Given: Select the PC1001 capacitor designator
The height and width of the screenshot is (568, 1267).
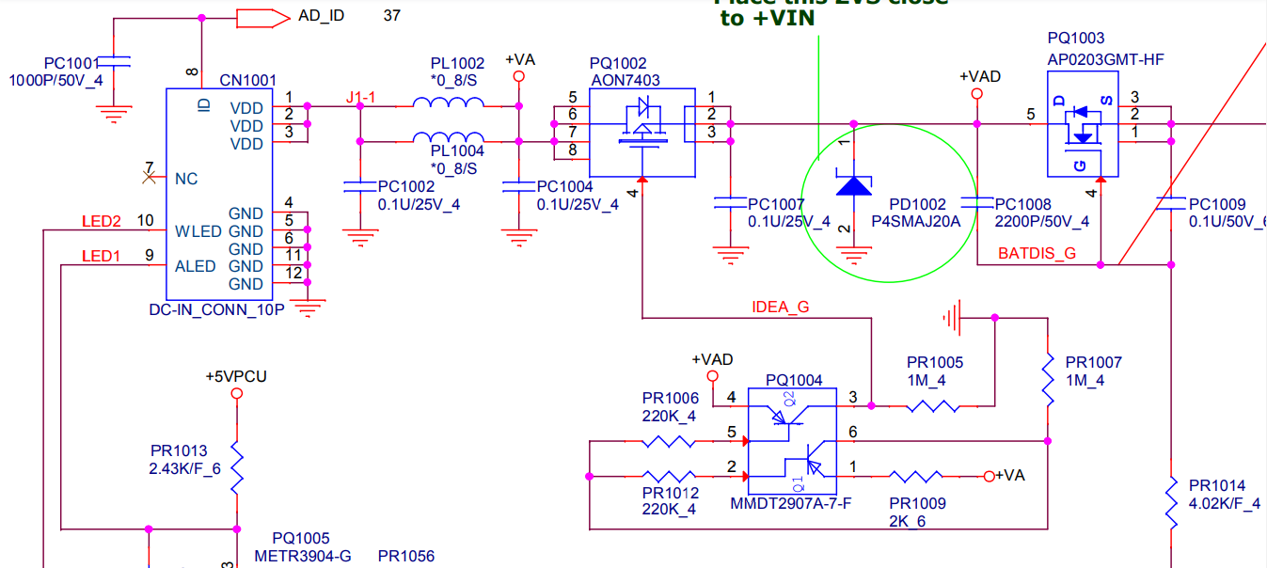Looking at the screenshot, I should point(71,62).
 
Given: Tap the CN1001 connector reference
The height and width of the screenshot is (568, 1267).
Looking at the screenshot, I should point(247,81).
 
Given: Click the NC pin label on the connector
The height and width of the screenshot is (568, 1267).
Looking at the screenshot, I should point(186,179).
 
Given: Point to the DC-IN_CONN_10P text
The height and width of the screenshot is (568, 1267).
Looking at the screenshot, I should point(216,309).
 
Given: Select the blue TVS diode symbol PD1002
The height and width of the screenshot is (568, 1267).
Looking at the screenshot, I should point(854,185).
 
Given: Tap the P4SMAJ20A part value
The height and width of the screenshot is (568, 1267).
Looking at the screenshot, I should point(916,222).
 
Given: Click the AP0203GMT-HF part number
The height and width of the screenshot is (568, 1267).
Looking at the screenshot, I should point(1105,59).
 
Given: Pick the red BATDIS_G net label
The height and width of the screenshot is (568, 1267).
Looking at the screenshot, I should point(1037,254).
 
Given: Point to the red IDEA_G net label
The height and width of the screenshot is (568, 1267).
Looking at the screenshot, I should point(781,307).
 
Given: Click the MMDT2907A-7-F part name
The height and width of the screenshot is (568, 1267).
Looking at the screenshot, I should point(791,503).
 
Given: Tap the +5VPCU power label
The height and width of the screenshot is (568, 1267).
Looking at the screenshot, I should point(236,376).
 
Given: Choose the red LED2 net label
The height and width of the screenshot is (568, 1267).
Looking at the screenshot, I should point(102,222).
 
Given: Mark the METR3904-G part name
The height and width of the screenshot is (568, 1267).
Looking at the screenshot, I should point(302,556).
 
